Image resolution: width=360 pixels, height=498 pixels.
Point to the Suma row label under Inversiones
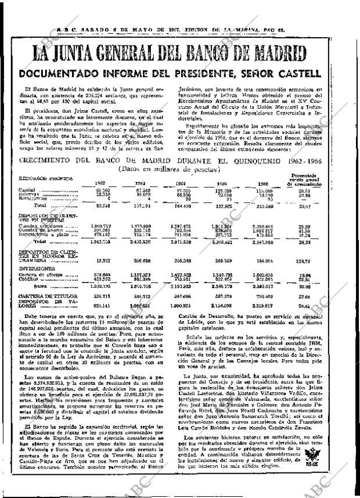[x=40, y=286]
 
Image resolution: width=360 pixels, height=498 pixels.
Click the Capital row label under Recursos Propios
[x=27, y=190]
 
